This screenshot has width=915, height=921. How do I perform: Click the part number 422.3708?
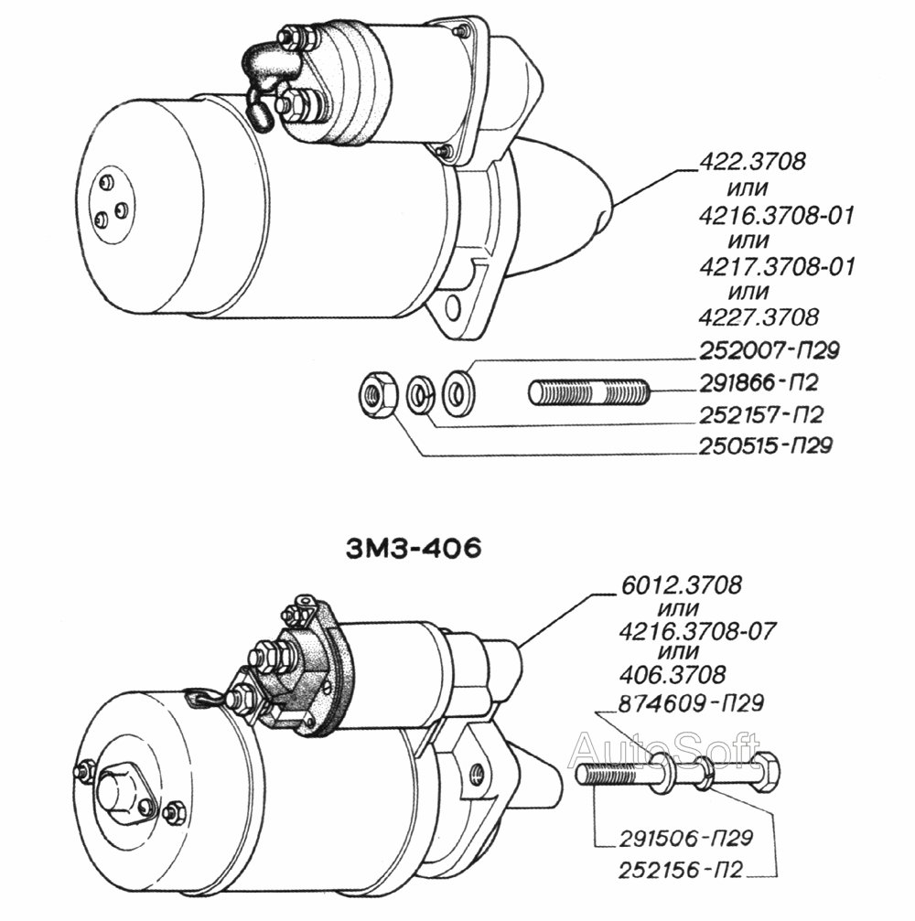(752, 162)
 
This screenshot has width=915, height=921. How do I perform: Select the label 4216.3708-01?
(776, 216)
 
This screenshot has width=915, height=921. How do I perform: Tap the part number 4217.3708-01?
(777, 267)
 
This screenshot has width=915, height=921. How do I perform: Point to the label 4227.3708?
(759, 317)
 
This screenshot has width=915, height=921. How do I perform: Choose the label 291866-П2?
(759, 383)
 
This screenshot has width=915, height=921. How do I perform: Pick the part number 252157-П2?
(761, 415)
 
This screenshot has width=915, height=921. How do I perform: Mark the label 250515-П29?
(766, 445)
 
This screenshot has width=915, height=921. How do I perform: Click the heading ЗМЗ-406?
(414, 549)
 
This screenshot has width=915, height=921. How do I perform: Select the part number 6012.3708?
(681, 585)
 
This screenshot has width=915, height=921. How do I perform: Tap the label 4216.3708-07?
(697, 631)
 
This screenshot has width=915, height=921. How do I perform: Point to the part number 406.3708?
(673, 675)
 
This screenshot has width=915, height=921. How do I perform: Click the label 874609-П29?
(692, 703)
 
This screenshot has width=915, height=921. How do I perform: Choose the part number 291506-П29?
(686, 838)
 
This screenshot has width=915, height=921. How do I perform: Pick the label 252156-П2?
(681, 870)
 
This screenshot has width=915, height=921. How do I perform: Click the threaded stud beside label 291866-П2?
(589, 392)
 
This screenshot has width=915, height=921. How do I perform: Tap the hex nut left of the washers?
(378, 392)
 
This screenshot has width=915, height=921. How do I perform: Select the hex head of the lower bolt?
(767, 769)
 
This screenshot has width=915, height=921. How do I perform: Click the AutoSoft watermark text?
(664, 749)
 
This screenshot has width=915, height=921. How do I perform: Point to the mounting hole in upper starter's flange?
(453, 307)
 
